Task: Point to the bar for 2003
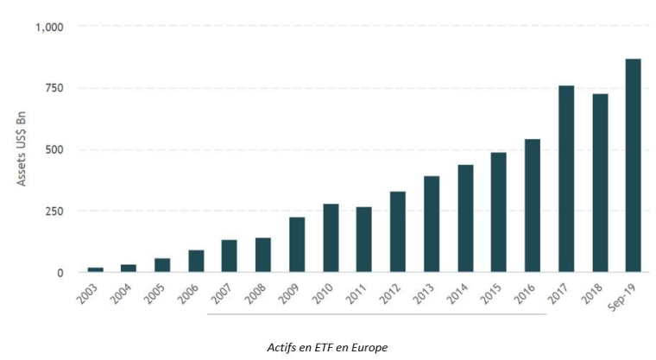(96, 269)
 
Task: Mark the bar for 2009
(297, 244)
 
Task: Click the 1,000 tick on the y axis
(49, 27)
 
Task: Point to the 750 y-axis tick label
(54, 88)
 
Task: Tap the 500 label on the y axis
(54, 149)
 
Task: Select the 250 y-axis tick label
(54, 211)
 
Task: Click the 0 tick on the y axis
(60, 273)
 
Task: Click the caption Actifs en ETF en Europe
(328, 346)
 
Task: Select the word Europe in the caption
(369, 346)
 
